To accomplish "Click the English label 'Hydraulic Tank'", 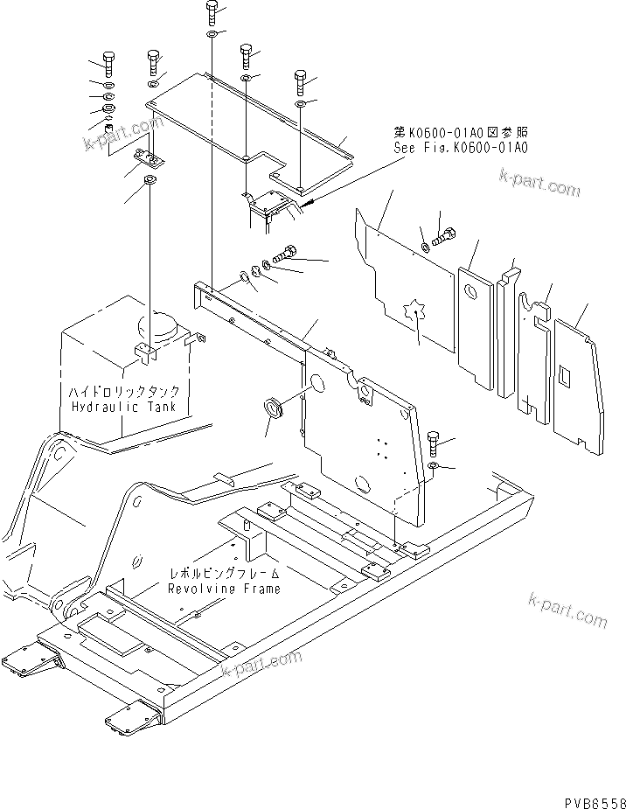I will [x=122, y=408].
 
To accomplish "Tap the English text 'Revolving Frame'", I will [x=225, y=589].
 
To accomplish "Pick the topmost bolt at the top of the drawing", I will [x=212, y=13].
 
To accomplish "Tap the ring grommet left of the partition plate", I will [x=275, y=409].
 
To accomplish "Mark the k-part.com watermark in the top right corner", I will [x=539, y=185].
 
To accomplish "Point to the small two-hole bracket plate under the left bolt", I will [x=148, y=160].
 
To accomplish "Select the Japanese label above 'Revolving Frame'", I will [x=225, y=575].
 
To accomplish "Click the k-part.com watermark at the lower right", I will [x=567, y=609].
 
